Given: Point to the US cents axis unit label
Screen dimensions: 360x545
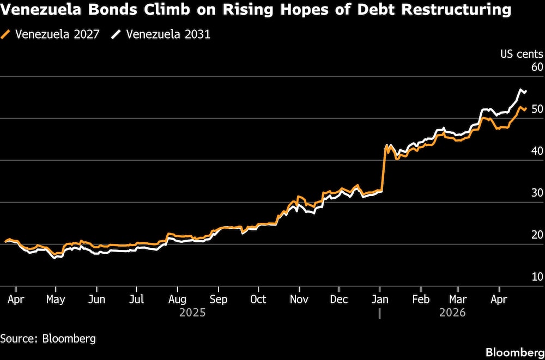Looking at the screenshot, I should click(x=522, y=53).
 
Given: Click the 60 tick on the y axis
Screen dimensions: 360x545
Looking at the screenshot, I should click(x=537, y=68).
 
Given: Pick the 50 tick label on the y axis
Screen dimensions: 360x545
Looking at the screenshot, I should click(x=537, y=109).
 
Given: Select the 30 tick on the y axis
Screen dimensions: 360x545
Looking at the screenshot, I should click(x=537, y=193).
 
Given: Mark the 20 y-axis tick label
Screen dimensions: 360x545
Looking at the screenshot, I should click(x=537, y=235).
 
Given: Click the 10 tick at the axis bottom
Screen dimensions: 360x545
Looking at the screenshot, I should click(x=537, y=277).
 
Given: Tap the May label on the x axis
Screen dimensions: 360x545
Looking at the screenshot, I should click(x=56, y=300).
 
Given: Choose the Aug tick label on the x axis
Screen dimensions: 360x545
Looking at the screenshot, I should click(x=178, y=300).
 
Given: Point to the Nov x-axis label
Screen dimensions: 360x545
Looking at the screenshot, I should click(x=299, y=300).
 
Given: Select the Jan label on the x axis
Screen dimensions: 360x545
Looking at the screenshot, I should click(x=380, y=300).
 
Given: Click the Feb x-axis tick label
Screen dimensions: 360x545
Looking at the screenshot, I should click(x=421, y=300).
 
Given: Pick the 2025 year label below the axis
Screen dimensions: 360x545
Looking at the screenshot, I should click(x=192, y=313).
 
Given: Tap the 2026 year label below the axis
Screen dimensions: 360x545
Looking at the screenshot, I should click(x=453, y=313).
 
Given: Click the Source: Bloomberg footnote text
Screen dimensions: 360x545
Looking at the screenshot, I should click(x=48, y=338).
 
